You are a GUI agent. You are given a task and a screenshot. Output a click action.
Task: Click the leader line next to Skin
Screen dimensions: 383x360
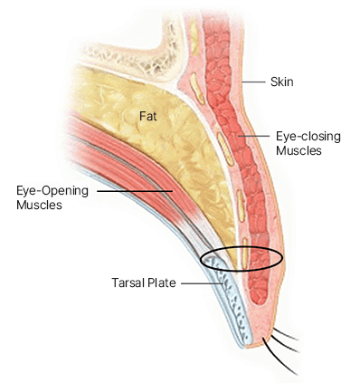point(257,81)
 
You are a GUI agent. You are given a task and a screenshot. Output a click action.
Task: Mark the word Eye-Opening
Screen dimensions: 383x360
point(52,192)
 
